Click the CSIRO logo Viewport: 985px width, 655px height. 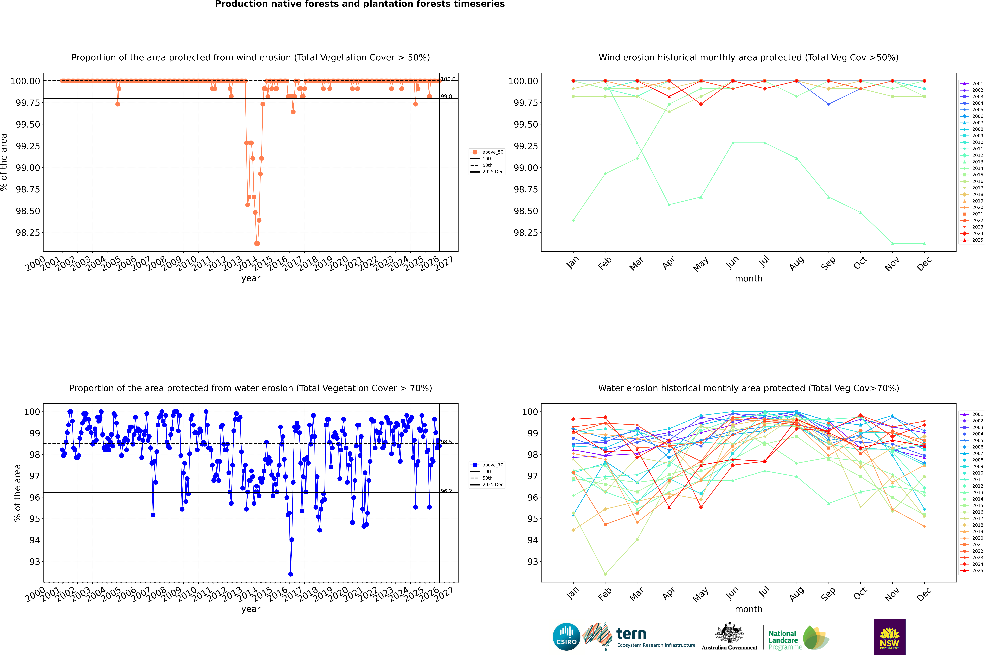[566, 637]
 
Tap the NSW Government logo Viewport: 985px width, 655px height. [889, 637]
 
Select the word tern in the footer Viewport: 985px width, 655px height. [631, 634]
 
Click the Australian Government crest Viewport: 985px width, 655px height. [729, 634]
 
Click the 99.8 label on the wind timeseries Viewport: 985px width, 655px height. [446, 97]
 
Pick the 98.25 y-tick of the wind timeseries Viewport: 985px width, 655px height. [28, 233]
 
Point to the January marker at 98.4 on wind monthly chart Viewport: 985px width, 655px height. [573, 220]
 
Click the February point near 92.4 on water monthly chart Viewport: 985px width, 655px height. [605, 574]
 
